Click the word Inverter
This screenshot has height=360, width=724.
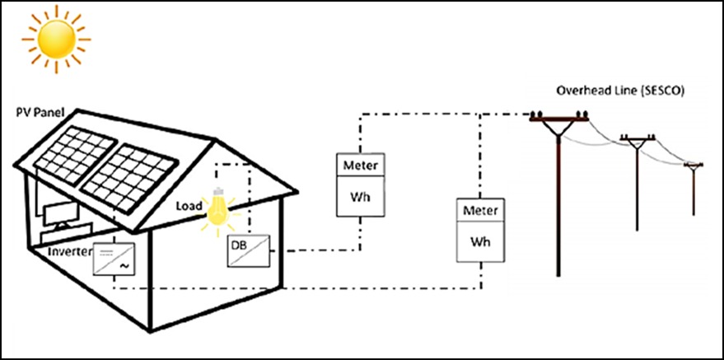pos(70,251)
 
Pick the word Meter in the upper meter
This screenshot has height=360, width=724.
pos(360,165)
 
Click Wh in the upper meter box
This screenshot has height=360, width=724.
pos(360,197)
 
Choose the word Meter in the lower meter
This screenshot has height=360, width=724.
pos(479,211)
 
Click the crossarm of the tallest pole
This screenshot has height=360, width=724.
pos(559,122)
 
